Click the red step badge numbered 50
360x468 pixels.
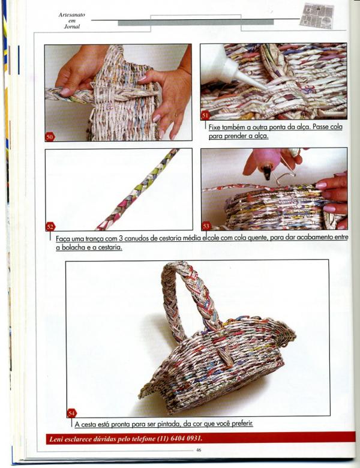point(50,137)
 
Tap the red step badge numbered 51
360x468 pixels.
point(205,115)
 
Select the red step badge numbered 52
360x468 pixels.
point(50,227)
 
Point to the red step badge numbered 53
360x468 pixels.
point(206,226)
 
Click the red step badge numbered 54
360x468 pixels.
point(71,413)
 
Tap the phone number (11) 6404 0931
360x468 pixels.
point(180,439)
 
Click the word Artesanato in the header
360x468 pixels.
point(72,14)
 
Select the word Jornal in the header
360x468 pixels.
point(72,26)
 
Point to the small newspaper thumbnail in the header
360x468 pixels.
point(317,16)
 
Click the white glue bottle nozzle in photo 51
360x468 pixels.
point(247,80)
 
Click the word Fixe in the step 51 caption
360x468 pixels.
point(215,127)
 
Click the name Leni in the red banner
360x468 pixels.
point(56,439)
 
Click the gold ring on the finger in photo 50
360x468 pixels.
point(176,114)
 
